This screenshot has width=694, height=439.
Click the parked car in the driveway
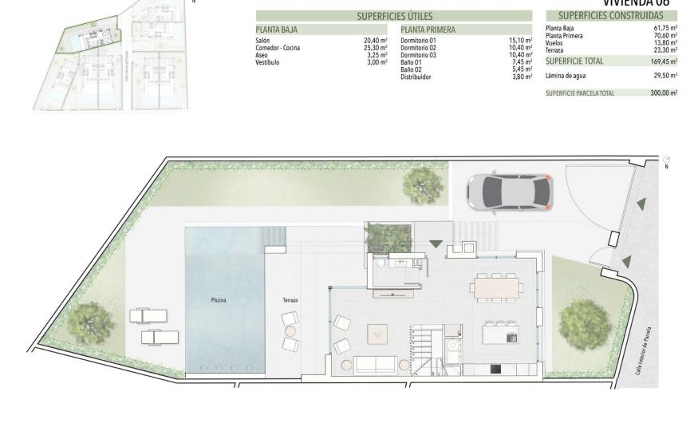pos(507,190)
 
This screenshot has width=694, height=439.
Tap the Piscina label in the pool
pos(219,300)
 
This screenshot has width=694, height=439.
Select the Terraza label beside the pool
pos(290,300)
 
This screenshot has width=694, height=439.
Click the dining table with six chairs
pos(495,287)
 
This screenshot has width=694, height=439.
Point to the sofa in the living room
pos(375,365)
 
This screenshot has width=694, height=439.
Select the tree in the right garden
pos(586,323)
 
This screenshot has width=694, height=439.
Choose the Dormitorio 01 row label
pos(420,40)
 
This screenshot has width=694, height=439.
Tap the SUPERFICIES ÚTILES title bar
pos(393,15)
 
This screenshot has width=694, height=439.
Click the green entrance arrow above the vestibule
pos(436,243)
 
